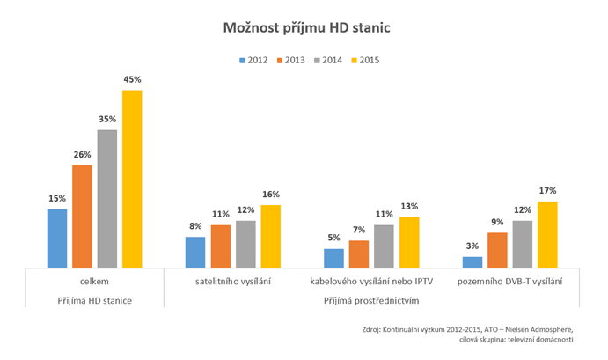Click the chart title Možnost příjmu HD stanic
point(304,29)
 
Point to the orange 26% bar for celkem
point(82,217)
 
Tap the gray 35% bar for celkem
point(107,199)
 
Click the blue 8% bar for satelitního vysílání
point(195,252)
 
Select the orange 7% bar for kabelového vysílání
point(358,253)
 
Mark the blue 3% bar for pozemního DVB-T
point(472,261)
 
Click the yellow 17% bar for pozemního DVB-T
point(547,234)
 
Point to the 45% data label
point(132,80)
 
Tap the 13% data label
point(409,207)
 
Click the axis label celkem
point(94,282)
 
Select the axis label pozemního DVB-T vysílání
point(510,282)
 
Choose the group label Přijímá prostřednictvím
point(371,300)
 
